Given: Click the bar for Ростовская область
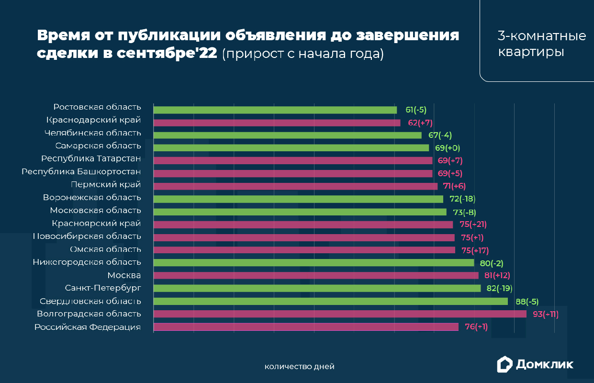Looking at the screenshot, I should [275, 110].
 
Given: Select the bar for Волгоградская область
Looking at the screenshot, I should [340, 314].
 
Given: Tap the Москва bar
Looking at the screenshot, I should [316, 275].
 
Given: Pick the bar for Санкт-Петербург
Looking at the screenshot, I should [317, 288].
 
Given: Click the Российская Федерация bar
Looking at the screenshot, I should [306, 327].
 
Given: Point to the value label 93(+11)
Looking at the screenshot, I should [545, 314].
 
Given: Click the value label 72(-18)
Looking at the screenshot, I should [462, 199].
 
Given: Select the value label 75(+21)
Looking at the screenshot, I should [473, 224].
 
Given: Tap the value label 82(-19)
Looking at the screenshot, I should [499, 288].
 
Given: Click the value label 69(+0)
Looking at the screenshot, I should [447, 148].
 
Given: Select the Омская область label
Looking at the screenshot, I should [105, 249].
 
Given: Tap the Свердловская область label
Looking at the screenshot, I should [90, 301].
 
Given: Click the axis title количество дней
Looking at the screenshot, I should [299, 367].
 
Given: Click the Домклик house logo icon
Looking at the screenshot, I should [504, 364].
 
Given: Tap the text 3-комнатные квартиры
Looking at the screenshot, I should [542, 44].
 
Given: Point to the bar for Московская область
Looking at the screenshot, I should [300, 212].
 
